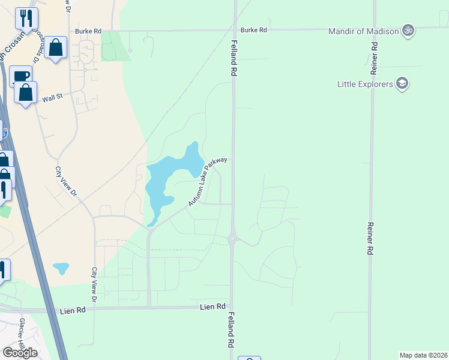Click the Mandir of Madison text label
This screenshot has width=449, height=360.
[x=364, y=31]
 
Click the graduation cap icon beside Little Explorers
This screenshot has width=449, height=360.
[x=402, y=84]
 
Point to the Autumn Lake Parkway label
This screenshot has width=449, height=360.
[x=208, y=182]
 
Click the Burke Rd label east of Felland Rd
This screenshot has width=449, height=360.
[x=253, y=29]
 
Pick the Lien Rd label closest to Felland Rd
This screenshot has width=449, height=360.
[x=211, y=307]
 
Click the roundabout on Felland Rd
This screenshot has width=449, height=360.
[x=232, y=239]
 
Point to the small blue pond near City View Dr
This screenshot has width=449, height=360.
[x=61, y=268]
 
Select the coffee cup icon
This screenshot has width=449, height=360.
[x=20, y=76]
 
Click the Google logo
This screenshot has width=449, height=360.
[x=20, y=353]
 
